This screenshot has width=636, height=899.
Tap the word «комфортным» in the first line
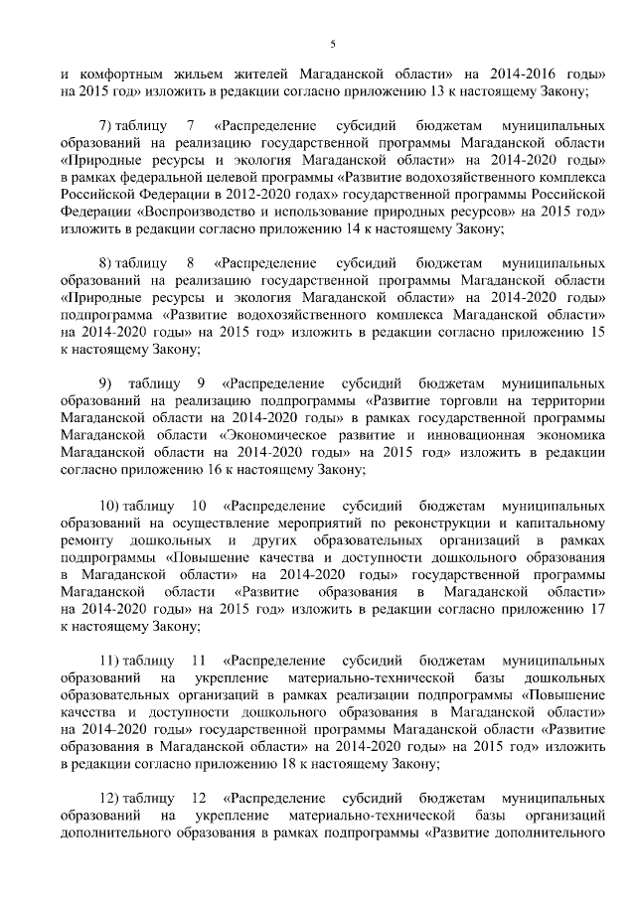tap(123, 75)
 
